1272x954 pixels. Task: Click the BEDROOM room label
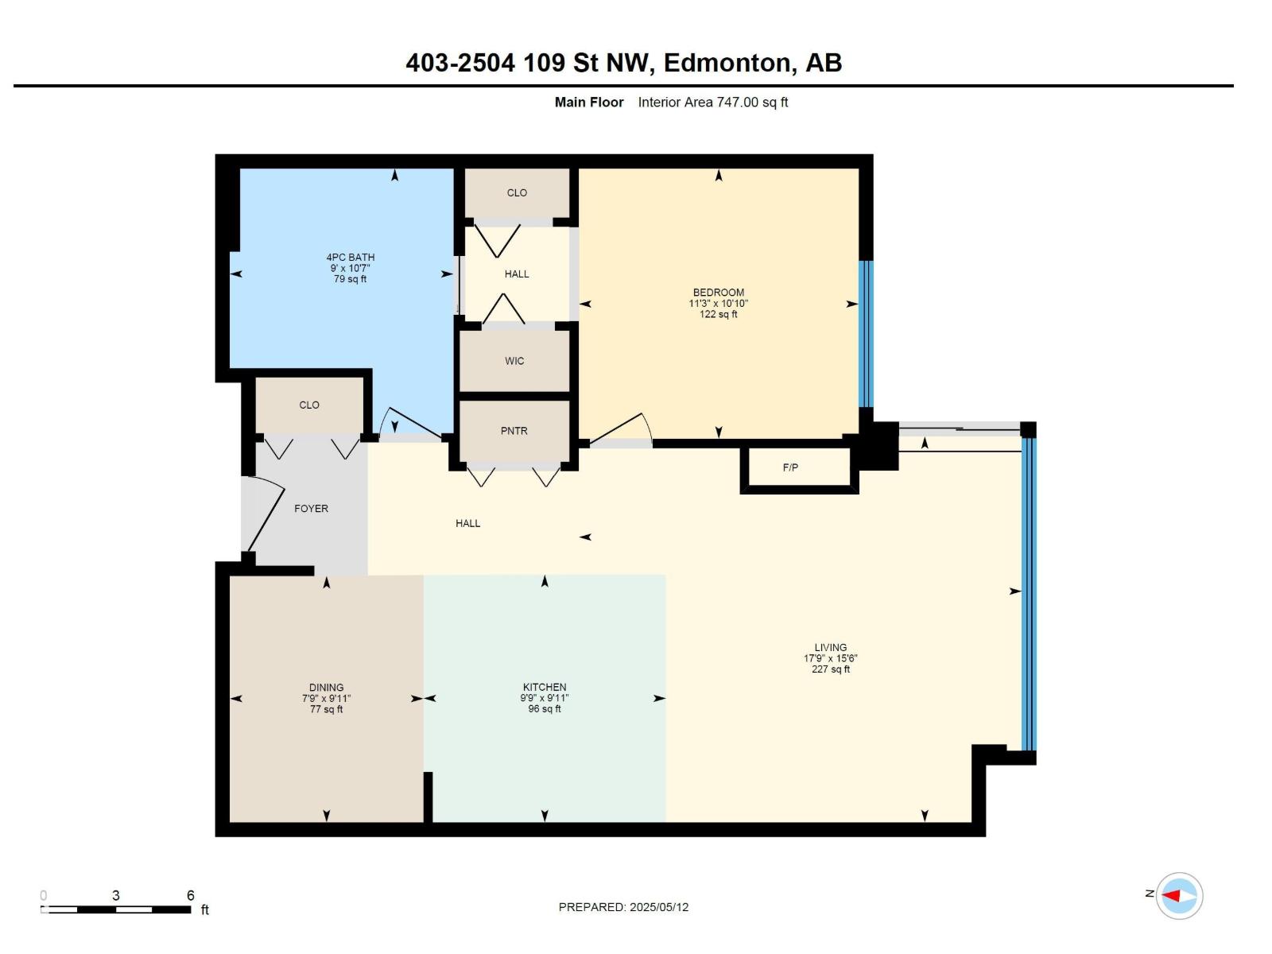click(718, 292)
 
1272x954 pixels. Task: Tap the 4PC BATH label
click(350, 257)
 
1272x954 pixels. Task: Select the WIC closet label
click(514, 361)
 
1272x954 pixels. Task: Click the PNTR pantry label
click(514, 431)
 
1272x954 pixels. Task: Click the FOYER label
click(311, 509)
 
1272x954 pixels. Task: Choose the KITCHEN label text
click(545, 687)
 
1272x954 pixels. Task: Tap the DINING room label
click(326, 687)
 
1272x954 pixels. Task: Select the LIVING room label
click(830, 647)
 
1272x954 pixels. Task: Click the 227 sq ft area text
click(830, 669)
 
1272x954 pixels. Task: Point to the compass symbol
click(1179, 896)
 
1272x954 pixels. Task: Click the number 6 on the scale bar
click(191, 895)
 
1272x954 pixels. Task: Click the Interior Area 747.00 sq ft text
click(712, 102)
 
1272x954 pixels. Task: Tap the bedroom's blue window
click(867, 334)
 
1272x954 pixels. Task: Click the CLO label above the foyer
click(309, 405)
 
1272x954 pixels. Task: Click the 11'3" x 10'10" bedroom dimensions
click(718, 304)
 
